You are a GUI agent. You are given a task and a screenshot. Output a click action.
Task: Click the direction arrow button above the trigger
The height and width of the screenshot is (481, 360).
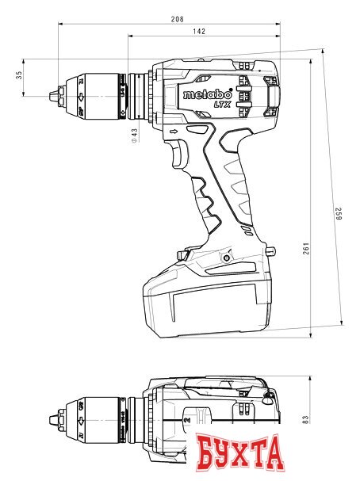(174, 129)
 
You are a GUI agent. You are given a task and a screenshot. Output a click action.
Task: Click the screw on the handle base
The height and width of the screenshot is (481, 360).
(228, 257)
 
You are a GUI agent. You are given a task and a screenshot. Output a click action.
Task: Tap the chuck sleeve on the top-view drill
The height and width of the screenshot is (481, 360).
(95, 412)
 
